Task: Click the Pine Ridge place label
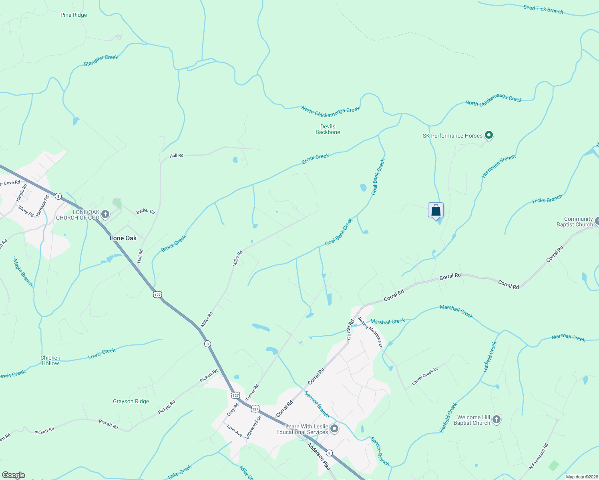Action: [74, 15]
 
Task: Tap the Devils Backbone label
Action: [328, 129]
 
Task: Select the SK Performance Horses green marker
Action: [488, 135]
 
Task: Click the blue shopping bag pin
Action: [436, 210]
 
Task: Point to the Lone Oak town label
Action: [123, 238]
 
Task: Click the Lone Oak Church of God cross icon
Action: [105, 214]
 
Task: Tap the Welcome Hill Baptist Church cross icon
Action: [496, 420]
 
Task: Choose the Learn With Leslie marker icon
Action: [334, 429]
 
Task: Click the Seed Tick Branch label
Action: [543, 9]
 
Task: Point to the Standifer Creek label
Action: [101, 60]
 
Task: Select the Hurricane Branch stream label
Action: [498, 166]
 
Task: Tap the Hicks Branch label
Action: [547, 199]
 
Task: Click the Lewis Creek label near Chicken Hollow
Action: [102, 354]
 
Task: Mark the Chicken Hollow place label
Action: [50, 360]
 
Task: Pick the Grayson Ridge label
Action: [131, 401]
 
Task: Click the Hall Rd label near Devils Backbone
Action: [176, 155]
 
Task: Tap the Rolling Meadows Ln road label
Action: [371, 332]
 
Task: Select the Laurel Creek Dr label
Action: [425, 376]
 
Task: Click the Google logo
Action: [13, 475]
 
